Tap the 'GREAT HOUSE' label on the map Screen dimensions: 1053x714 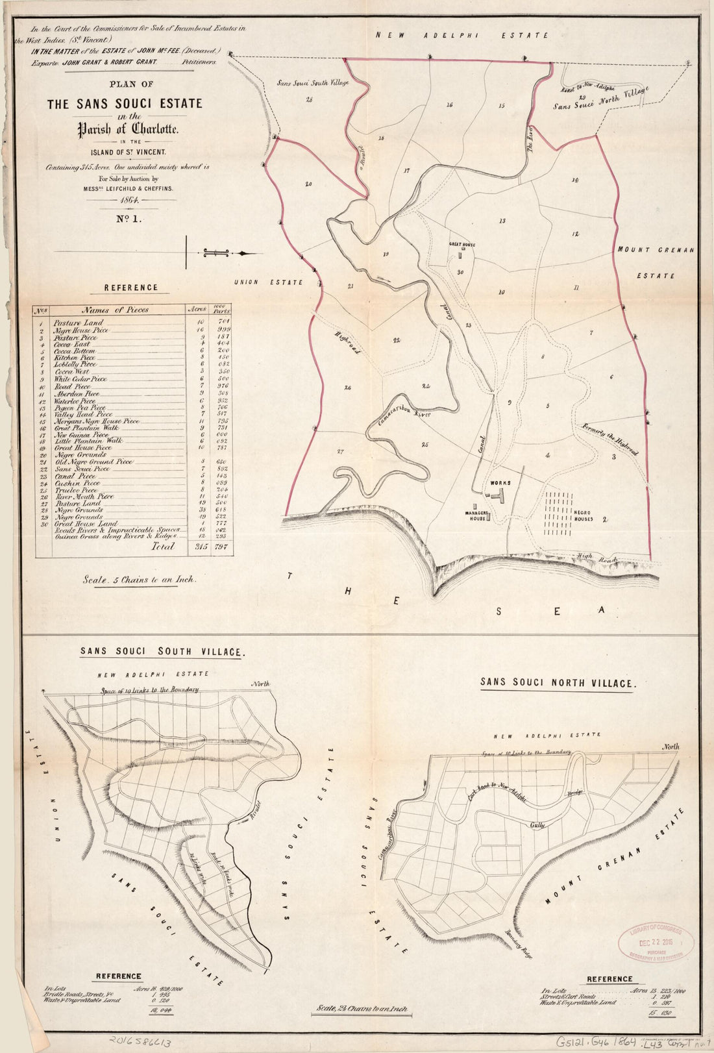click(x=462, y=245)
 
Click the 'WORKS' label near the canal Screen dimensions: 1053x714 click(x=502, y=484)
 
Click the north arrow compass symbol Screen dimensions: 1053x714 click(x=224, y=253)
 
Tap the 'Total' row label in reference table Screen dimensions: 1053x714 click(x=163, y=547)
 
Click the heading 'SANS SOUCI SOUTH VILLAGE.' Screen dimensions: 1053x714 click(x=162, y=652)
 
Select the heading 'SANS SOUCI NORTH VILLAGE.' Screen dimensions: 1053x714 click(x=556, y=682)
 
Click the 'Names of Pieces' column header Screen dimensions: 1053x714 click(x=115, y=310)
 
